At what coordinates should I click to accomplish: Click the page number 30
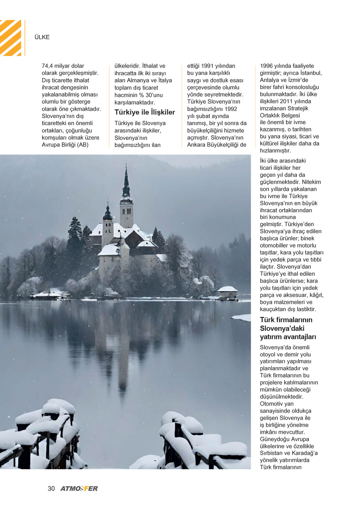click(x=51, y=489)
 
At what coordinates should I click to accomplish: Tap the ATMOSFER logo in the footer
click(x=79, y=489)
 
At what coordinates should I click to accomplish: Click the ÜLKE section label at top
click(x=42, y=37)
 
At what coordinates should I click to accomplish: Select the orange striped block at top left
click(x=10, y=38)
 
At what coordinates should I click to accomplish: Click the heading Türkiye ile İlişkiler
click(x=145, y=112)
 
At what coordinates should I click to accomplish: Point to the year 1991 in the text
click(x=207, y=66)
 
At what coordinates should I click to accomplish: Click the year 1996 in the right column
click(x=266, y=66)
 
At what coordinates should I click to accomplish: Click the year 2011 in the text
click(x=286, y=101)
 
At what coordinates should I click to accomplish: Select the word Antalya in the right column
click(x=269, y=80)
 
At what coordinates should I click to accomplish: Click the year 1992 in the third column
click(x=231, y=109)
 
